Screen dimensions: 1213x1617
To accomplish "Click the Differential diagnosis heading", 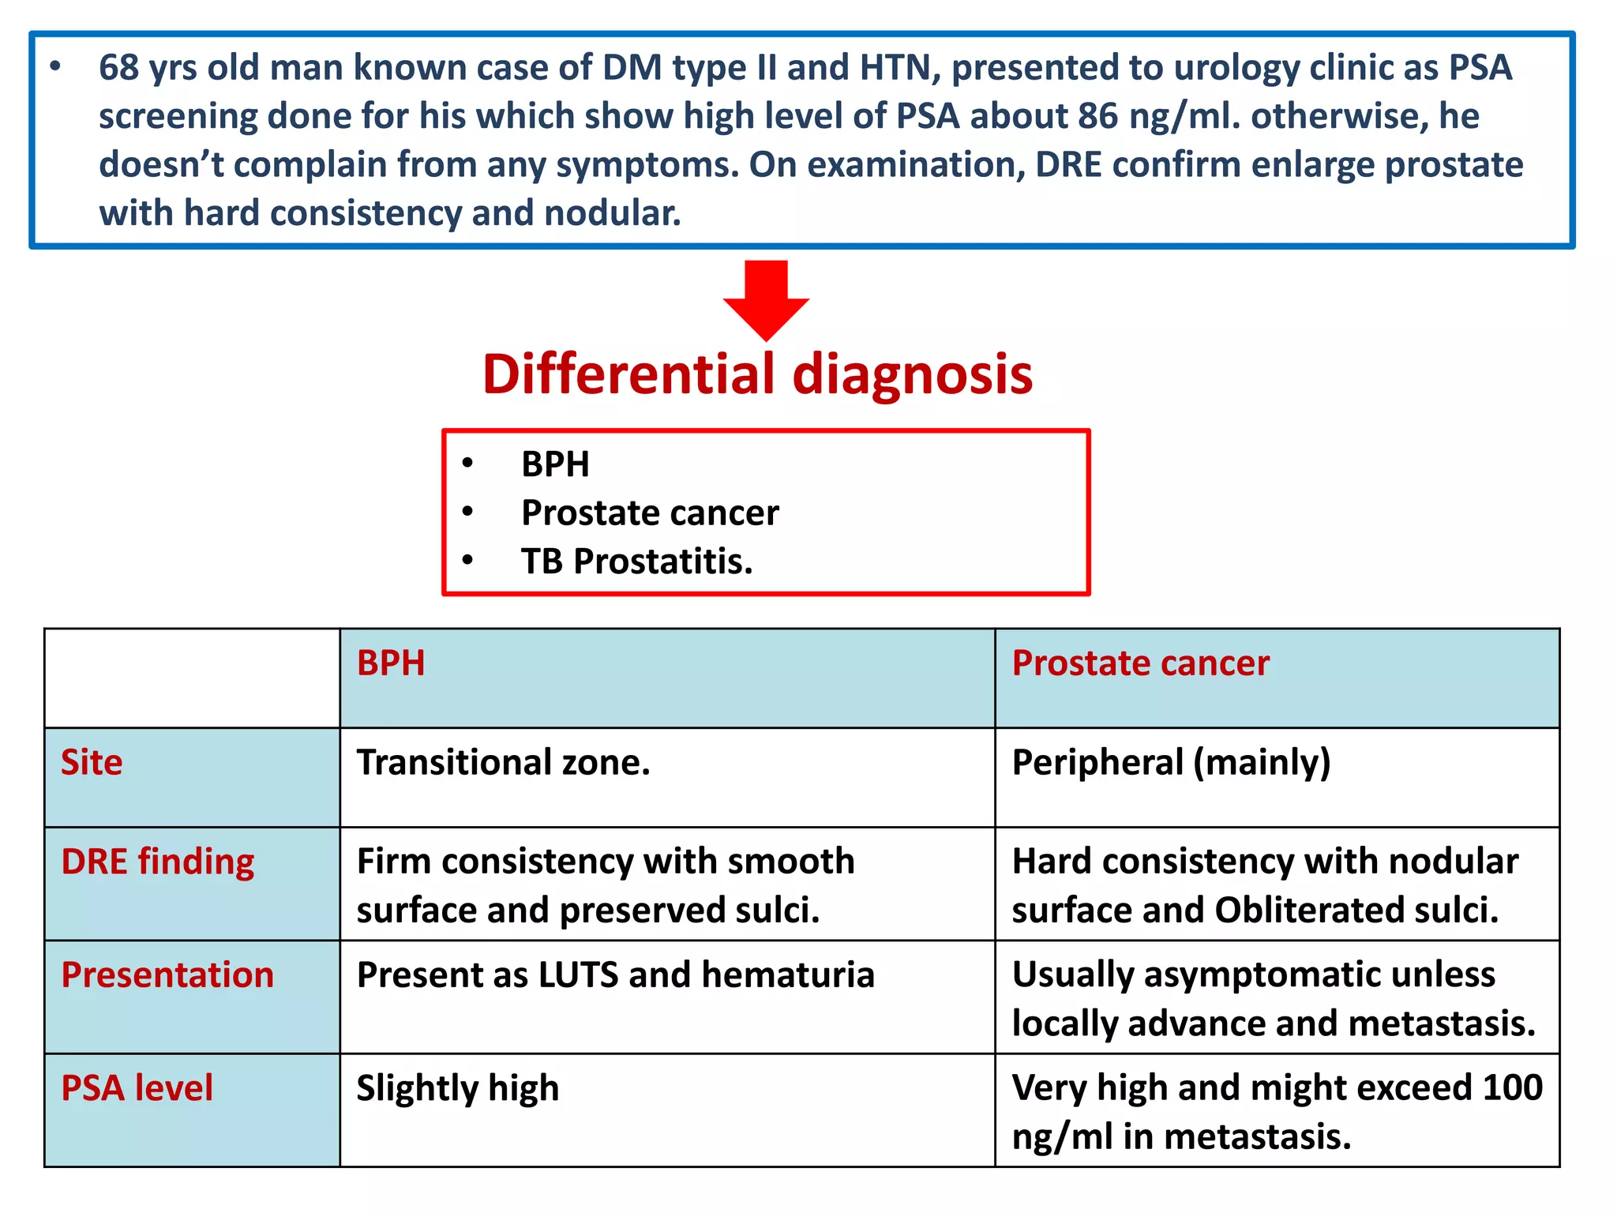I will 757,374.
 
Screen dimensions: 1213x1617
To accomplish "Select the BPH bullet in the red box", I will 555,464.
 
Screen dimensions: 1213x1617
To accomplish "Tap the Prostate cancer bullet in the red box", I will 650,513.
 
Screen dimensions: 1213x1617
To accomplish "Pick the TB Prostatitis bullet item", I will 636,561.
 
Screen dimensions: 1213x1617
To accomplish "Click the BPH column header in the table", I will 391,663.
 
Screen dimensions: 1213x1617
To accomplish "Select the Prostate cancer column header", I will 1140,663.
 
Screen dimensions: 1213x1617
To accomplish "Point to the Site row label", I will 92,763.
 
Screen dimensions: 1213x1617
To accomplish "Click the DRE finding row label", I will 158,862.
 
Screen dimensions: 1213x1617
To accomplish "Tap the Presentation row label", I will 167,975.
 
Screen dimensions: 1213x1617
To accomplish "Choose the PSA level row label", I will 137,1088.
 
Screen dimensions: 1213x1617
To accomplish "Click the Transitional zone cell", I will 503,763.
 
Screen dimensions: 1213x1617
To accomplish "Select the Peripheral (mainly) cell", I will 1171,763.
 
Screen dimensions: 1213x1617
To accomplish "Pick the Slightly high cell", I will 457,1088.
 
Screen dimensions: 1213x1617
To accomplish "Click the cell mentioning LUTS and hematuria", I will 615,975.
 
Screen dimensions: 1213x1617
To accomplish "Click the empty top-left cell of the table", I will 192,678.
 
